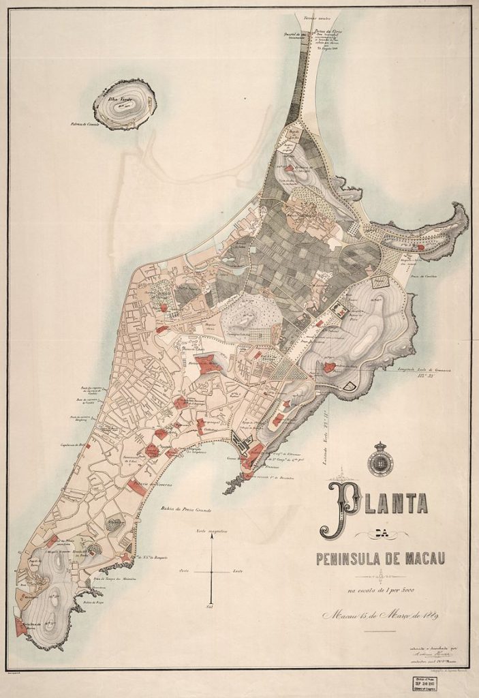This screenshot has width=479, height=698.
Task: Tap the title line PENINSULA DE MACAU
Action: (x=380, y=560)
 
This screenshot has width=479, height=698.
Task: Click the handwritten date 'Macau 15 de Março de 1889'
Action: (x=381, y=618)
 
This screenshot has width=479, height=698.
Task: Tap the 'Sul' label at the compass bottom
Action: (x=211, y=606)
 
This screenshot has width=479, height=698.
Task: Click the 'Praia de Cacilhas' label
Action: (x=428, y=275)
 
